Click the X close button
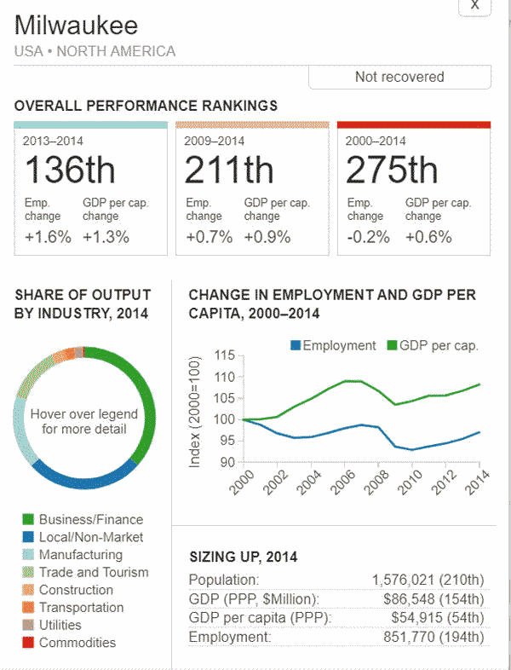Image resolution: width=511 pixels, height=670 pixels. (x=475, y=6)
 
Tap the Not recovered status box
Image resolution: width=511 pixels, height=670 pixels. (x=399, y=77)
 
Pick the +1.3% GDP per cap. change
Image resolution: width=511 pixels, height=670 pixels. (x=106, y=237)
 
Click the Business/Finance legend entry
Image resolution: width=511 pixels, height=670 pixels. (x=91, y=519)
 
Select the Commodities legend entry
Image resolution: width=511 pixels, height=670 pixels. (x=78, y=643)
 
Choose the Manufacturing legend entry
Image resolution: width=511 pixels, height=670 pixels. (x=81, y=555)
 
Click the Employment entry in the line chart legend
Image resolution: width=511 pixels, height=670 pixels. (x=339, y=345)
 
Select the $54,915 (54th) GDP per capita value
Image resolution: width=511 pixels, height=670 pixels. (x=438, y=617)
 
